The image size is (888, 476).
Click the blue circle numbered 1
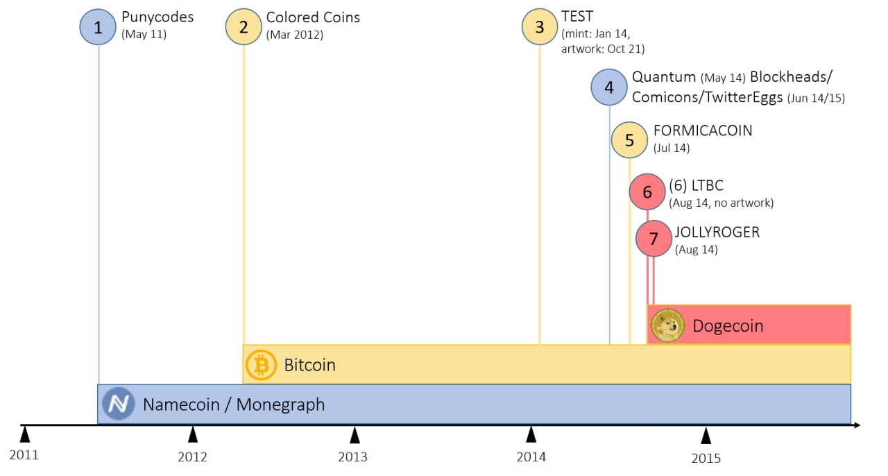pyautogui.click(x=98, y=27)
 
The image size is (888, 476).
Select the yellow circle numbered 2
pyautogui.click(x=244, y=26)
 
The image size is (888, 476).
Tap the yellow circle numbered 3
pyautogui.click(x=540, y=26)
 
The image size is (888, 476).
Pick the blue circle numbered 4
pyautogui.click(x=609, y=87)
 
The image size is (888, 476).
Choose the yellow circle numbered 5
pyautogui.click(x=629, y=140)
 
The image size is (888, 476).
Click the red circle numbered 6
pyautogui.click(x=647, y=192)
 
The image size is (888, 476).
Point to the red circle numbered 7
pyautogui.click(x=654, y=239)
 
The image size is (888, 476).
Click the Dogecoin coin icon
pyautogui.click(x=667, y=325)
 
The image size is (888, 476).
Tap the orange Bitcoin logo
pyautogui.click(x=261, y=365)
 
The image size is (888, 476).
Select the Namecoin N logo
pyautogui.click(x=118, y=404)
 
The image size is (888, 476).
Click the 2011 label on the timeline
pyautogui.click(x=24, y=455)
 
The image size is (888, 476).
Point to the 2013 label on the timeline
pyautogui.click(x=353, y=457)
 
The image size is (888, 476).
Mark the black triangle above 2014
pyautogui.click(x=531, y=434)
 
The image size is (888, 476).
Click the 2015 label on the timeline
pyautogui.click(x=706, y=459)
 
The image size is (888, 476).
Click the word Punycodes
pyautogui.click(x=157, y=17)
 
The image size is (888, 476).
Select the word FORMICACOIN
pyautogui.click(x=703, y=130)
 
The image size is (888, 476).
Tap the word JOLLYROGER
pyautogui.click(x=717, y=232)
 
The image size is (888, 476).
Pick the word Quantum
pyautogui.click(x=664, y=77)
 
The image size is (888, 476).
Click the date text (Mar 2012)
pyautogui.click(x=295, y=35)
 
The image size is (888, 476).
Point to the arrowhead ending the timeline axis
pyautogui.click(x=857, y=425)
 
